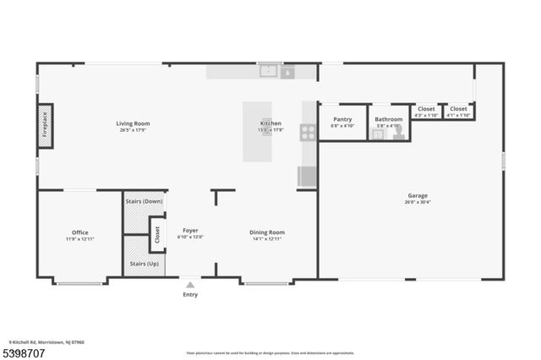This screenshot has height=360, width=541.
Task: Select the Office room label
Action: tap(79, 232)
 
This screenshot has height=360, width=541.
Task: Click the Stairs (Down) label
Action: tap(144, 202)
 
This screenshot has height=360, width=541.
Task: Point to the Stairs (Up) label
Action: tap(144, 264)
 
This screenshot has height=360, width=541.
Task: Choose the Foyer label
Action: tap(190, 230)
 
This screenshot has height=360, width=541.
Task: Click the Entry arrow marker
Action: tap(190, 286)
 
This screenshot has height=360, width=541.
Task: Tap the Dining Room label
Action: tap(266, 232)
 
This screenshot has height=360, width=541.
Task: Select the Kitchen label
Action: tap(270, 123)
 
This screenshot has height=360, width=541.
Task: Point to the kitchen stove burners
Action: tap(309, 131)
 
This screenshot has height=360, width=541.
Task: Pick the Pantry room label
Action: tap(342, 119)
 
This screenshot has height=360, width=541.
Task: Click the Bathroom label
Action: tap(389, 119)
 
